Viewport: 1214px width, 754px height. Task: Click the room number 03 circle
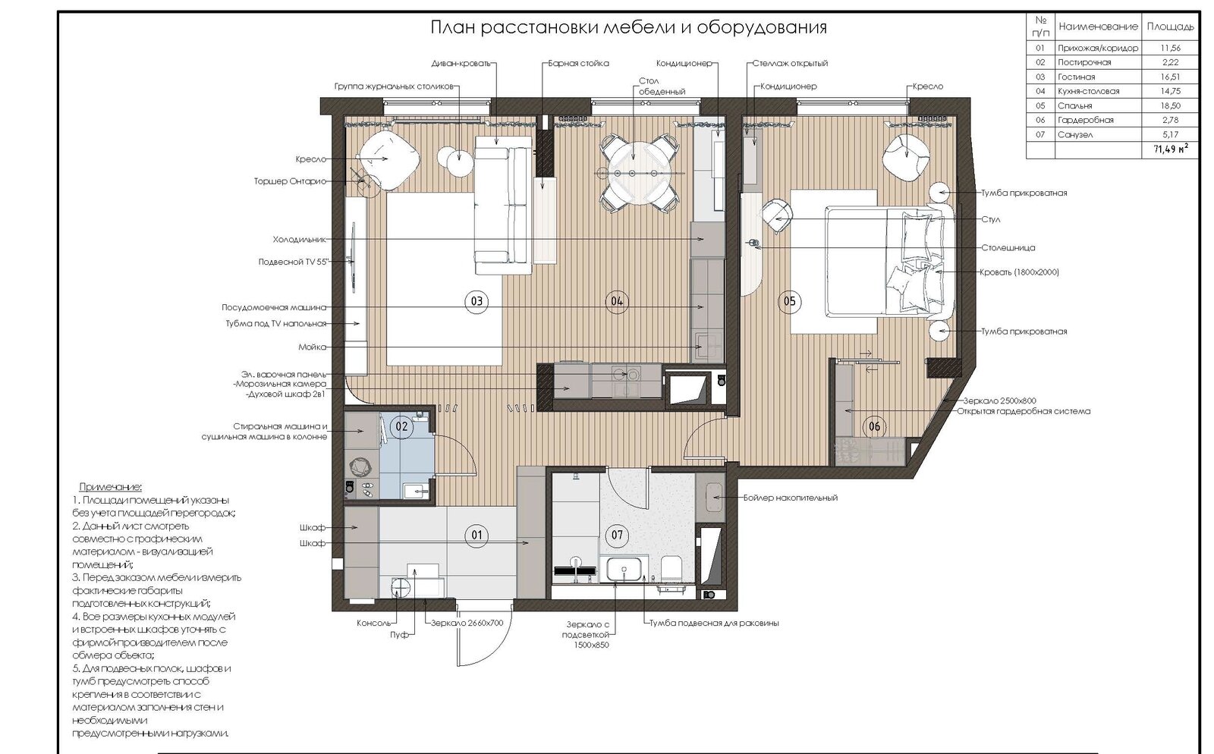tap(476, 301)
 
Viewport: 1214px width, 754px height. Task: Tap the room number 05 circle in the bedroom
tap(789, 301)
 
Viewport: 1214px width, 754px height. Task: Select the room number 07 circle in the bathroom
tap(617, 536)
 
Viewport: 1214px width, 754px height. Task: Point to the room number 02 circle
tap(401, 426)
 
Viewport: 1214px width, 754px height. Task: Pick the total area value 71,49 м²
tap(1171, 149)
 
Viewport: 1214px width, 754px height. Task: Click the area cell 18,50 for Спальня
tap(1170, 105)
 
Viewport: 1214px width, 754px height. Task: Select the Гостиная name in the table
tap(1077, 77)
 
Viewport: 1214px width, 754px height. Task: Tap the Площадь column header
tap(1170, 27)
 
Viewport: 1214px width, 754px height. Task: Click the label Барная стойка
tap(578, 64)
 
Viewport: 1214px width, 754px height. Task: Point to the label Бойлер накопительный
tap(790, 498)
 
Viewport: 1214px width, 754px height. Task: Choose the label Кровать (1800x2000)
tap(1020, 272)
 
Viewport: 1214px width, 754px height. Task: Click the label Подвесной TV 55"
tap(293, 262)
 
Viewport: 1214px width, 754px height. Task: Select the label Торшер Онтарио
tap(290, 181)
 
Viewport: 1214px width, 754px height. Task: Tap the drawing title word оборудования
tap(762, 27)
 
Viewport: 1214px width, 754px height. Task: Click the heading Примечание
tap(110, 487)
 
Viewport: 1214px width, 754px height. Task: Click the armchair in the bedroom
tap(904, 156)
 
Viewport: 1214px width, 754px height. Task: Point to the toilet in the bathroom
tap(671, 568)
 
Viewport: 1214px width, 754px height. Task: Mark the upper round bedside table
tap(941, 192)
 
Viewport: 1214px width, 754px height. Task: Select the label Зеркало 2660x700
tap(467, 623)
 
